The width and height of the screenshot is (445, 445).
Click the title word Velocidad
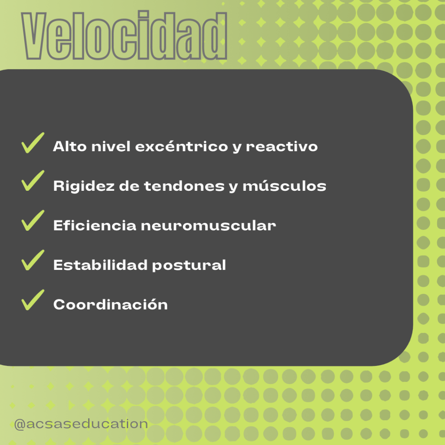(124, 35)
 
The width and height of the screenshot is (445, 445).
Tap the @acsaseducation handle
(81, 424)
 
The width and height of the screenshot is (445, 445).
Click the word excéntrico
(182, 146)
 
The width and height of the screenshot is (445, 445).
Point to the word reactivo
(282, 146)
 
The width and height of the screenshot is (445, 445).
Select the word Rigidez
(84, 186)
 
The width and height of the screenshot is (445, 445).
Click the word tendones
(184, 186)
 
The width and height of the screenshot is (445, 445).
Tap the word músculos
(284, 186)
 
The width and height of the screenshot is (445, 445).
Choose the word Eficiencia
(95, 226)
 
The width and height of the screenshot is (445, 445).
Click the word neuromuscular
(208, 226)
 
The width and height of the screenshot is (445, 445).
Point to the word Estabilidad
(100, 265)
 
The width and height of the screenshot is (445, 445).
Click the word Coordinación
(110, 304)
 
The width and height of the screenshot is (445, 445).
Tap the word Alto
(70, 146)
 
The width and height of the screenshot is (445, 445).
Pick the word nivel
(111, 146)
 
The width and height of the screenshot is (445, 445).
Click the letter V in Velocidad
(33, 36)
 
